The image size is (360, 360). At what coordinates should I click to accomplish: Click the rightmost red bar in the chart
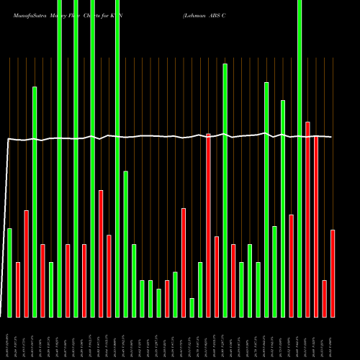[333, 273]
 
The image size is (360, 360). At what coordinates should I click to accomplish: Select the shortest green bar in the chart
[192, 307]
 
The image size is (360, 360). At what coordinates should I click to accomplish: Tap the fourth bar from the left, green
[35, 202]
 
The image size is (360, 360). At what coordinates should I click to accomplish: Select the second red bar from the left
[27, 264]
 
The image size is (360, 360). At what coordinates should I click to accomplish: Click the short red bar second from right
[324, 298]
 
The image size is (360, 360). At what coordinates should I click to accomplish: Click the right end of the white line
[331, 137]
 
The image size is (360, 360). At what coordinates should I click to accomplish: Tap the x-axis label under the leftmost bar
[9, 338]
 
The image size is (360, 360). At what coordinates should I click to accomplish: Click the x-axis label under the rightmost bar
[333, 338]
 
